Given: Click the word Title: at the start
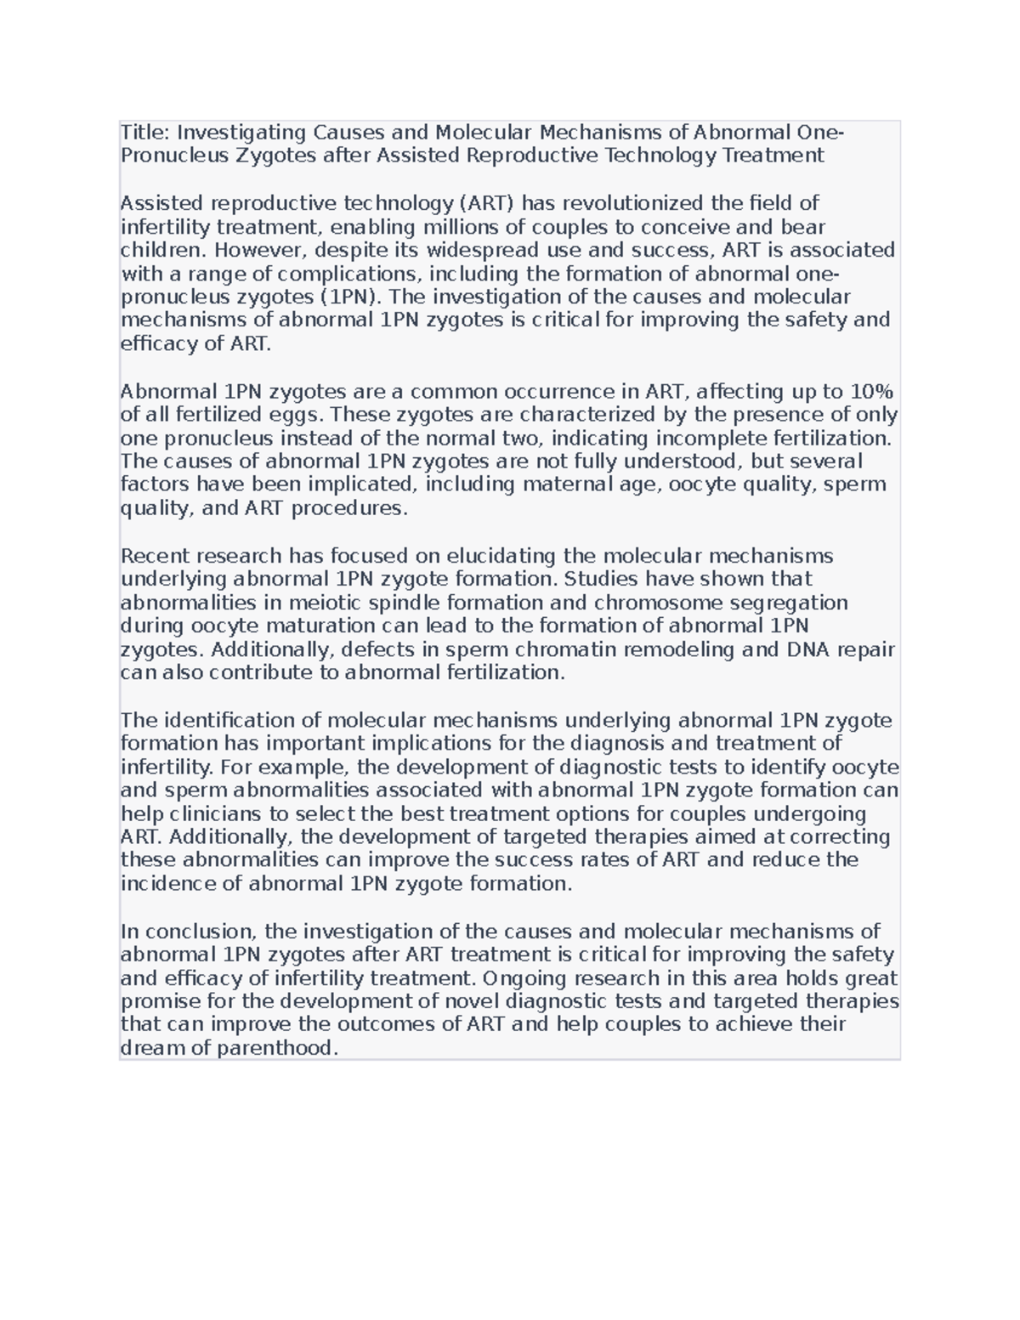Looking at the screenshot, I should pyautogui.click(x=145, y=133).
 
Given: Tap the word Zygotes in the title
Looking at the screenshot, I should pyautogui.click(x=270, y=156).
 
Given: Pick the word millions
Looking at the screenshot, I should pyautogui.click(x=486, y=227).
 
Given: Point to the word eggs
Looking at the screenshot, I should pyautogui.click(x=297, y=415).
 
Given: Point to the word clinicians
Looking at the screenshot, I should pyautogui.click(x=213, y=813).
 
